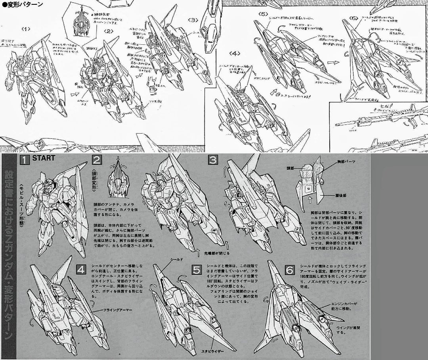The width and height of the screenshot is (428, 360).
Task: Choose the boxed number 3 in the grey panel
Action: [213, 160]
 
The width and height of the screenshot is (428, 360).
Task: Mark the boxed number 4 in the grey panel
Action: [80, 270]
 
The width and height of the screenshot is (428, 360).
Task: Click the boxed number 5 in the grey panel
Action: [197, 270]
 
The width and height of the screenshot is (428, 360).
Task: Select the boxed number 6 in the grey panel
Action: [289, 270]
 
